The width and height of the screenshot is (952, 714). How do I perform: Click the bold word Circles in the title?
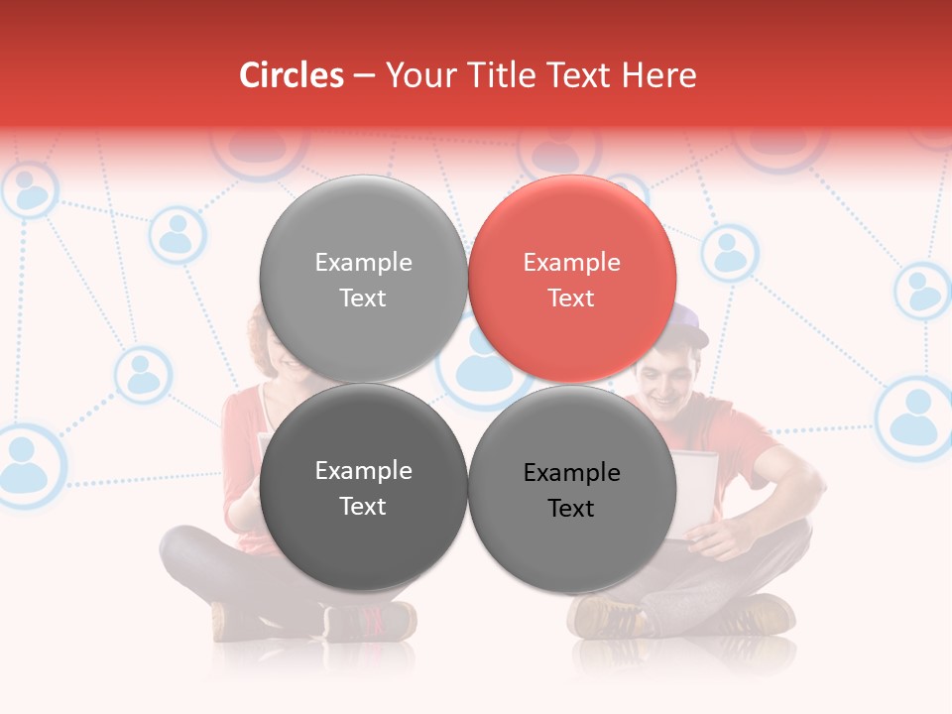pyautogui.click(x=292, y=75)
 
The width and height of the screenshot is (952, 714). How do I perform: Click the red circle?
pyautogui.click(x=572, y=280)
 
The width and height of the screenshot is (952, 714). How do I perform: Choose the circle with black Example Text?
pyautogui.click(x=572, y=490)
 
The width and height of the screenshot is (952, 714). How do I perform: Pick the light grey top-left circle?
pyautogui.click(x=363, y=280)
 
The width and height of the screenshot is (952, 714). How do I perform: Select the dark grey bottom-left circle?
pyautogui.click(x=363, y=488)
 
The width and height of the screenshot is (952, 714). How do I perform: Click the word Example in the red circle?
pyautogui.click(x=571, y=263)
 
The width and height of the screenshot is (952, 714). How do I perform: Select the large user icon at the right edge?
pyautogui.click(x=914, y=416)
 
